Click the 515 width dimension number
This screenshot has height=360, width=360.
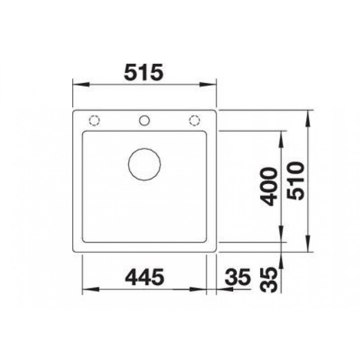tap(144, 72)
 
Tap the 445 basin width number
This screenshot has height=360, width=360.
tap(144, 277)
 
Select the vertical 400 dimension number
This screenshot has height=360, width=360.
tap(270, 186)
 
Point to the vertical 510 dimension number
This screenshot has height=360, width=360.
tap(296, 181)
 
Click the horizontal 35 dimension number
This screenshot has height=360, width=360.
tap(237, 277)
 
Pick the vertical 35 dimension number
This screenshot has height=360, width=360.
tap(269, 280)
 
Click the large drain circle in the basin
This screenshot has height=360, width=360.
tap(144, 164)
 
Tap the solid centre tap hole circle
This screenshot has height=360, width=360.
tap(144, 121)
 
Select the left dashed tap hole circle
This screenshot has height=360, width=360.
tap(94, 121)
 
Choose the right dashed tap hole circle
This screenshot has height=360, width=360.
tap(194, 121)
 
